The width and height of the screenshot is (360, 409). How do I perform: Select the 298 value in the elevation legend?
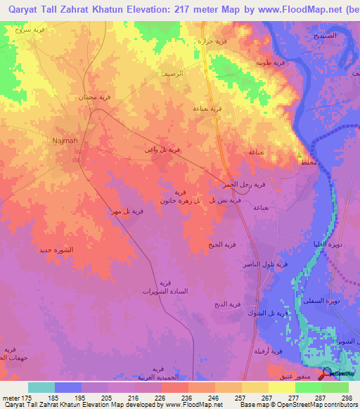coord(345,398)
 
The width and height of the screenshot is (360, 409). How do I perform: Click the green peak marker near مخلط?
coord(300,155)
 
